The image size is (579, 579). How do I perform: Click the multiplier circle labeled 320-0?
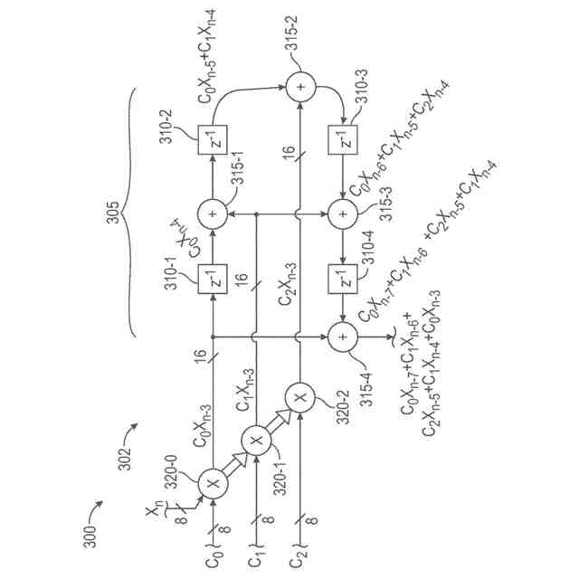[x=214, y=483]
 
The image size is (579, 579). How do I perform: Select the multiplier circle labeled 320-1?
[x=257, y=441]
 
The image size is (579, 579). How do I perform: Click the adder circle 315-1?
[x=214, y=214]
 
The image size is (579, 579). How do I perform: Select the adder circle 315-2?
[x=300, y=88]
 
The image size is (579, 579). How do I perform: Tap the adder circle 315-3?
[x=344, y=214]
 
